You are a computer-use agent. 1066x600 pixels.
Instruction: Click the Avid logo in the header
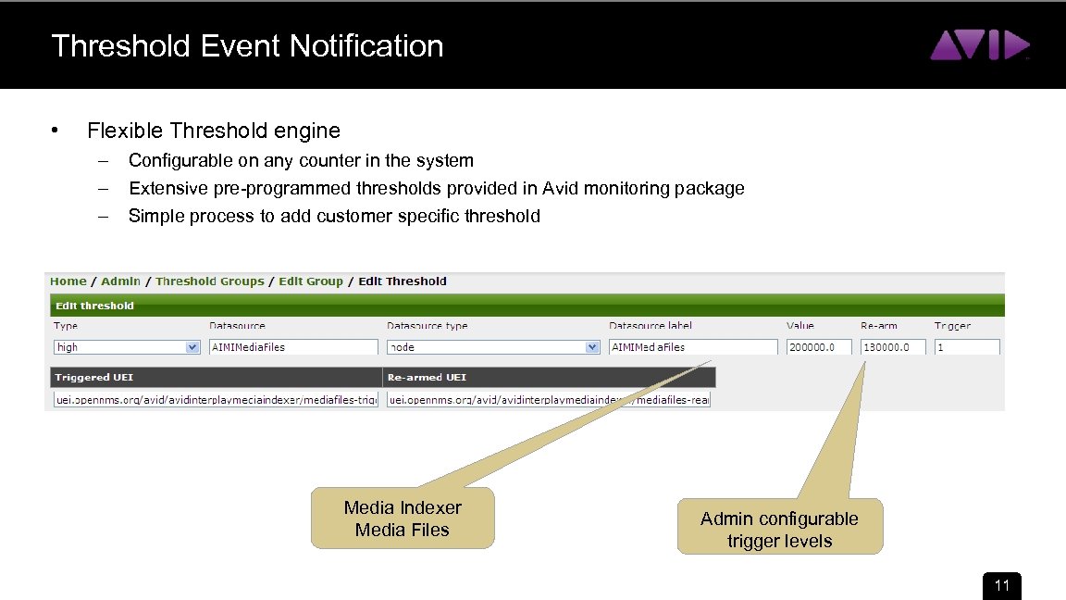point(979,45)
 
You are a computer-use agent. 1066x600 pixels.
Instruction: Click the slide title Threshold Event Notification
point(247,45)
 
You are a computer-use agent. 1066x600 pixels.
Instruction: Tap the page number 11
point(1001,586)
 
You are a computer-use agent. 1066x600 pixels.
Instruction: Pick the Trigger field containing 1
point(966,347)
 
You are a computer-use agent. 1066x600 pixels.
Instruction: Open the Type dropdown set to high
point(127,347)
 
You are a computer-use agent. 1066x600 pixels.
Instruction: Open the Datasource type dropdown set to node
point(493,347)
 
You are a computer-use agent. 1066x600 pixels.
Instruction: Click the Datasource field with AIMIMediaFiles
point(293,347)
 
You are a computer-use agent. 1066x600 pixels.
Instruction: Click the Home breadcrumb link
point(68,281)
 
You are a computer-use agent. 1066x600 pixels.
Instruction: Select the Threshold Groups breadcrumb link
point(209,281)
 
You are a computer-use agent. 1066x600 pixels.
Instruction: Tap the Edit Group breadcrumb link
point(310,281)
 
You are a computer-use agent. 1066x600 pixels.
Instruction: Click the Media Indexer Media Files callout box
point(402,519)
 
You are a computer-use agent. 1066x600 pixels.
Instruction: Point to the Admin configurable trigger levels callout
point(779,529)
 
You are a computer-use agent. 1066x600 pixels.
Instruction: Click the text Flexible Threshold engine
point(213,131)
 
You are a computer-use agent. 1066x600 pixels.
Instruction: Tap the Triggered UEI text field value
point(215,400)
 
